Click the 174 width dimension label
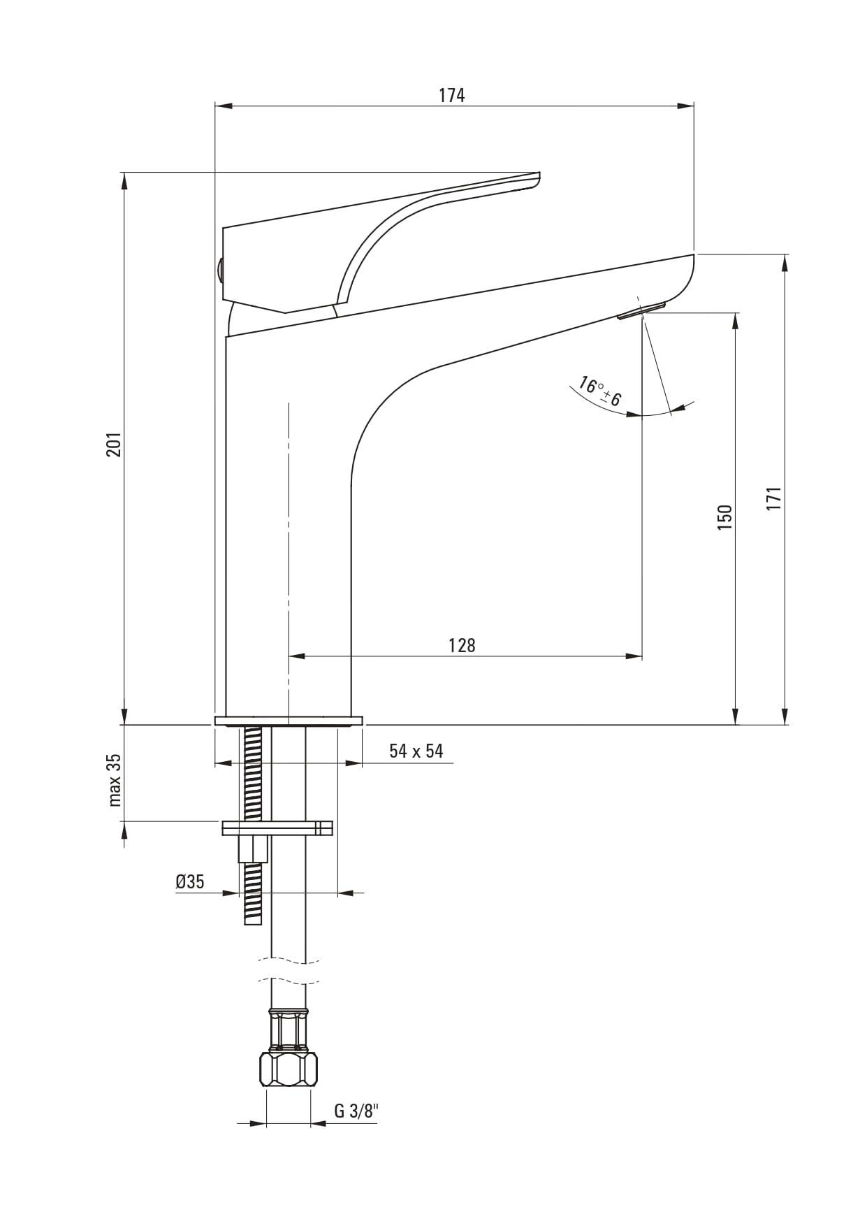451,95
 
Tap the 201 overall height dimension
114,445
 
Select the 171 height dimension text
773,498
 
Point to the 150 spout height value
724,517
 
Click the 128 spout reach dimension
462,645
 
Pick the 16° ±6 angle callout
599,392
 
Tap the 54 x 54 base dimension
416,751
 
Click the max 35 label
115,780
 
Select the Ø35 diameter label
190,881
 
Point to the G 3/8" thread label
356,1111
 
